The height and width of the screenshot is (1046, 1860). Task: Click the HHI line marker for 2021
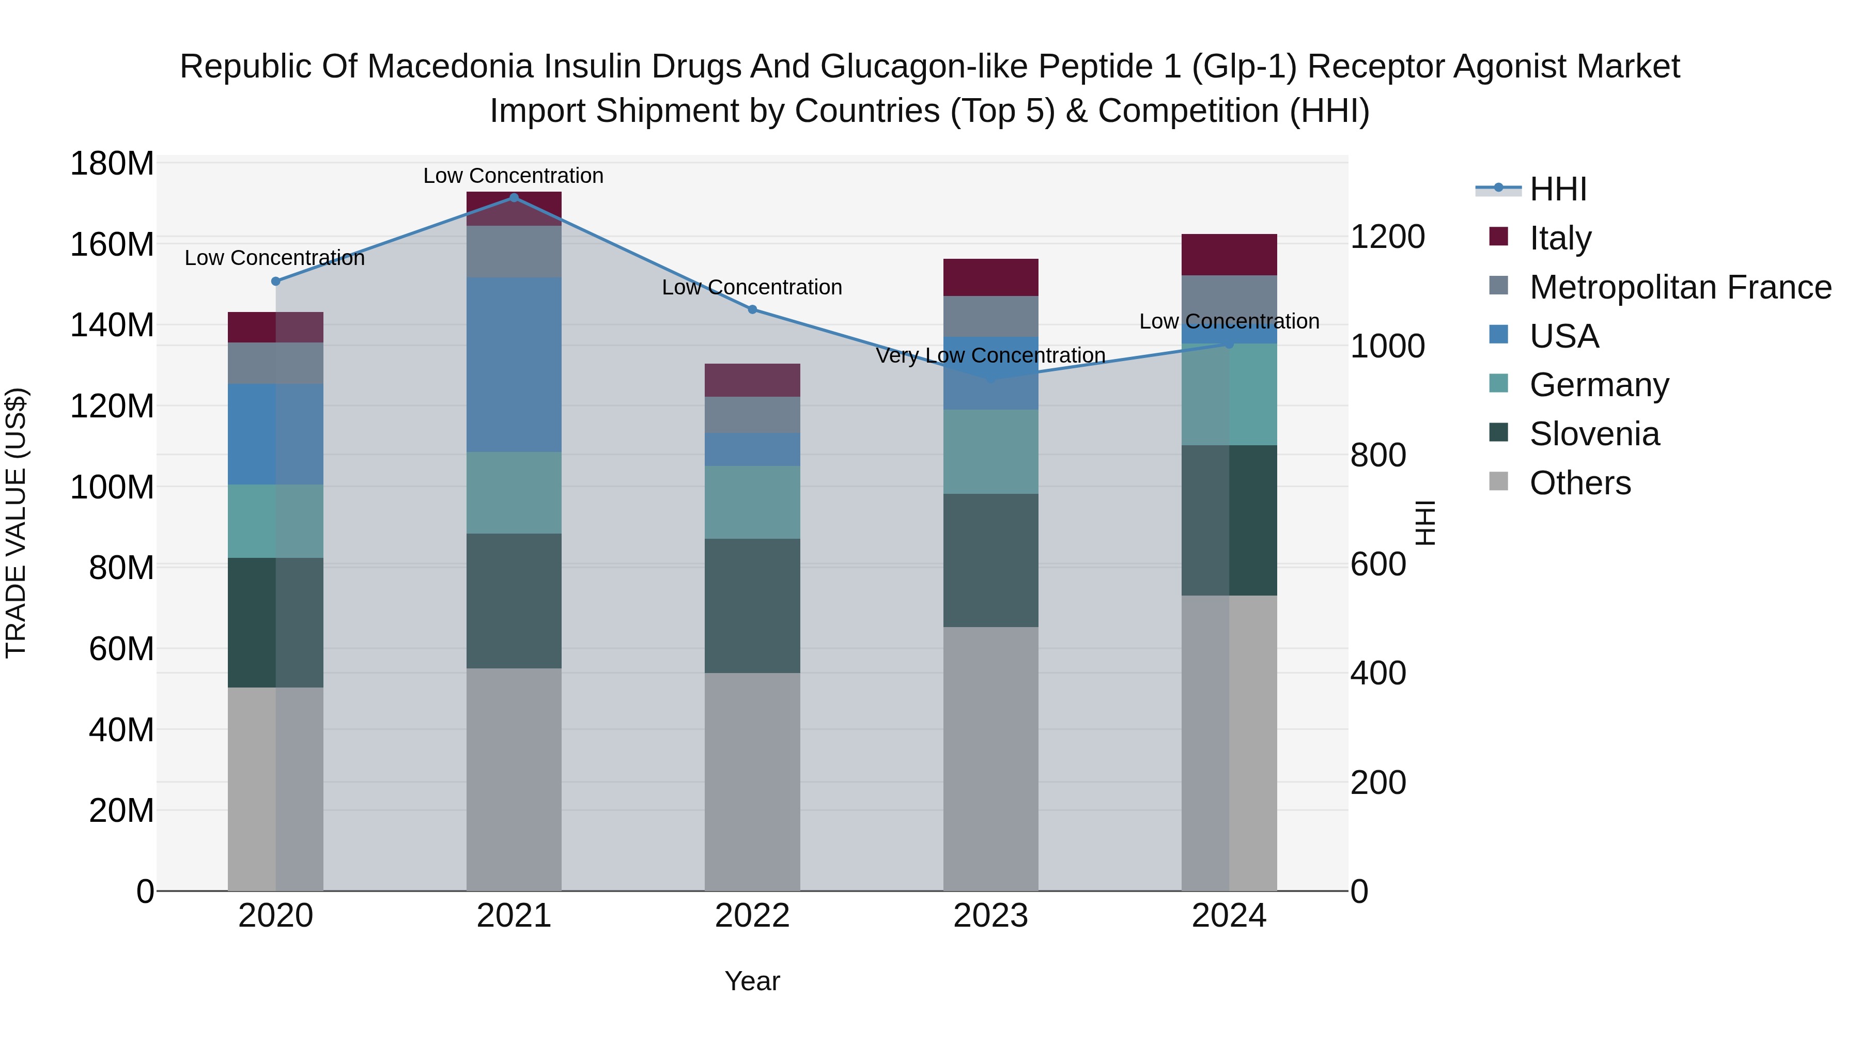tap(514, 198)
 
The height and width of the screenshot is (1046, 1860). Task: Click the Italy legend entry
tap(1560, 238)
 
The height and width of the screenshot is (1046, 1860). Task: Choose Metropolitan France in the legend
tap(1680, 287)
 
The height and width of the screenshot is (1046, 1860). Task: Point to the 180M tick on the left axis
tap(112, 164)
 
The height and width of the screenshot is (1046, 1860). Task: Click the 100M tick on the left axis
tap(112, 487)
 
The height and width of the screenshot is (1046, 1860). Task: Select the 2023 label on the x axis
tap(990, 916)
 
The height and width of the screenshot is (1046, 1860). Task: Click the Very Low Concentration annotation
tap(990, 356)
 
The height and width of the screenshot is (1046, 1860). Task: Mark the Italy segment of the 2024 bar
tap(1229, 255)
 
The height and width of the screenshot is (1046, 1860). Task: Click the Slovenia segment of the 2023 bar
tap(990, 560)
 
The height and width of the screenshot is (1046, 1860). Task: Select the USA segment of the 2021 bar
tap(514, 365)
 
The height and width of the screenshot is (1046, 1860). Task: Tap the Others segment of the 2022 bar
tap(752, 782)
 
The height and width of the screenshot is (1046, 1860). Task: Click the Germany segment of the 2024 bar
tap(1229, 395)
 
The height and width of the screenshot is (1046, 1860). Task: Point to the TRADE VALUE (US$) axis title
tap(16, 523)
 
